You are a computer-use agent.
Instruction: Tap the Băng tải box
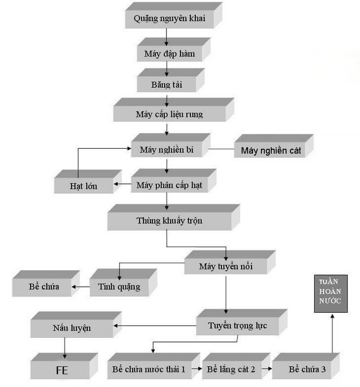pos(166,85)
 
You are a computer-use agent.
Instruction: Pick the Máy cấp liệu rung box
pos(169,114)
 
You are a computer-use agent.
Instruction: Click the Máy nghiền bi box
pos(166,150)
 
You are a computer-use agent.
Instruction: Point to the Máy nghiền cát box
pos(271,151)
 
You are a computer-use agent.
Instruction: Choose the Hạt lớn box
pos(84,185)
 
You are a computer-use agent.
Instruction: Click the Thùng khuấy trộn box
pos(169,221)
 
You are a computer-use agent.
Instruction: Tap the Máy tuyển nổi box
pos(225,267)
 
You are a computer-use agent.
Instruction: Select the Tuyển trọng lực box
pos(237,326)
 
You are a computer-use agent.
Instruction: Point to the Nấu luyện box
pos(72,328)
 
